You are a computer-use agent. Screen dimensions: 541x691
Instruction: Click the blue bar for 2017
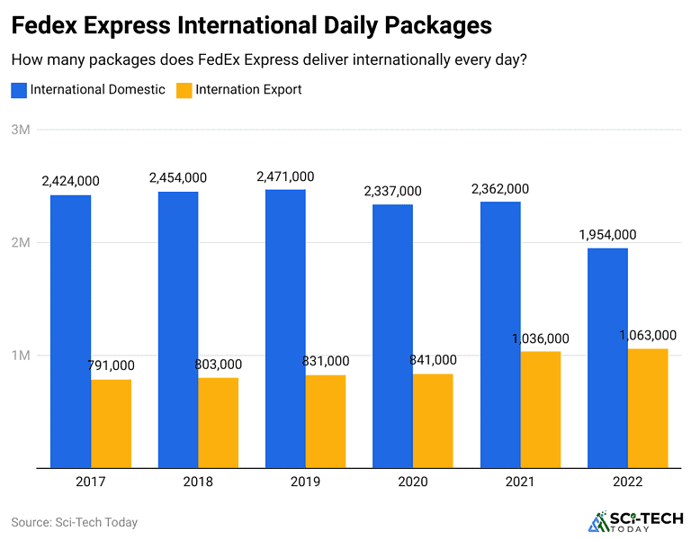pos(70,331)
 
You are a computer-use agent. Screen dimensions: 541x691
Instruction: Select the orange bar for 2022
pos(648,408)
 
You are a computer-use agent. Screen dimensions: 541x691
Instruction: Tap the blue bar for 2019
pos(285,329)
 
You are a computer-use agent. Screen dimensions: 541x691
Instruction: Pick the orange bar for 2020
pos(433,420)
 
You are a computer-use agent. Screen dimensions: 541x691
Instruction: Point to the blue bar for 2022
pos(607,357)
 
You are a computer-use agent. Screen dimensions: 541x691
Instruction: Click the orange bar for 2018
pos(218,422)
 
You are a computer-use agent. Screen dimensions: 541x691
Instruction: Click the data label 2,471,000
pos(285,176)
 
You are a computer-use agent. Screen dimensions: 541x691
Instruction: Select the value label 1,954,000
pos(607,235)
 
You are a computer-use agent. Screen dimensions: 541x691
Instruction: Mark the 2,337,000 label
pos(392,191)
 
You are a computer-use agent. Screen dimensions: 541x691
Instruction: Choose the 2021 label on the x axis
pos(520,482)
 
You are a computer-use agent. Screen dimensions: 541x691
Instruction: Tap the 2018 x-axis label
pos(198,482)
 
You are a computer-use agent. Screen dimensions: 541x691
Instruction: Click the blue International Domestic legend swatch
pos(19,90)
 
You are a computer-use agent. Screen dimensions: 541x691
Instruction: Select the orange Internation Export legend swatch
pos(184,90)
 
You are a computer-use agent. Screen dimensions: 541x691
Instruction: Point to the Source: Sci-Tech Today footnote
pos(74,522)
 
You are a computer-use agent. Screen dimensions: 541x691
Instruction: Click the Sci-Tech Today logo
pos(634,522)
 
